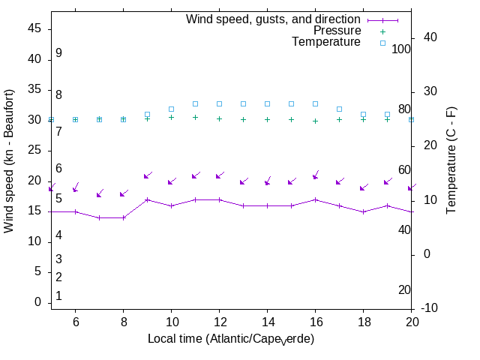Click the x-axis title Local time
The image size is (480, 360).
(230, 339)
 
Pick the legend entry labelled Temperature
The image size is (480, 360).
(326, 42)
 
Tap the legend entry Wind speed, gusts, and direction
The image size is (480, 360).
(274, 19)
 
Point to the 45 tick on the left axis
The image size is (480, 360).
(34, 28)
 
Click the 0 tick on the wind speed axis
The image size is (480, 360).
(37, 302)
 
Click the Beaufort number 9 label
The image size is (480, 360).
(58, 53)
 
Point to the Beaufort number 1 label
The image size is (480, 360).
(58, 296)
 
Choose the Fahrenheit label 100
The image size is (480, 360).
(401, 49)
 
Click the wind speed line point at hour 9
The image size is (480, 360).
(147, 199)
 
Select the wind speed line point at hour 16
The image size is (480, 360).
(315, 199)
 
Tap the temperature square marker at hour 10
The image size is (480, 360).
(171, 109)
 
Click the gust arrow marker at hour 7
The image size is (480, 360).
(99, 195)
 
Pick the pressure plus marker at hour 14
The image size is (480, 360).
(267, 119)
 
